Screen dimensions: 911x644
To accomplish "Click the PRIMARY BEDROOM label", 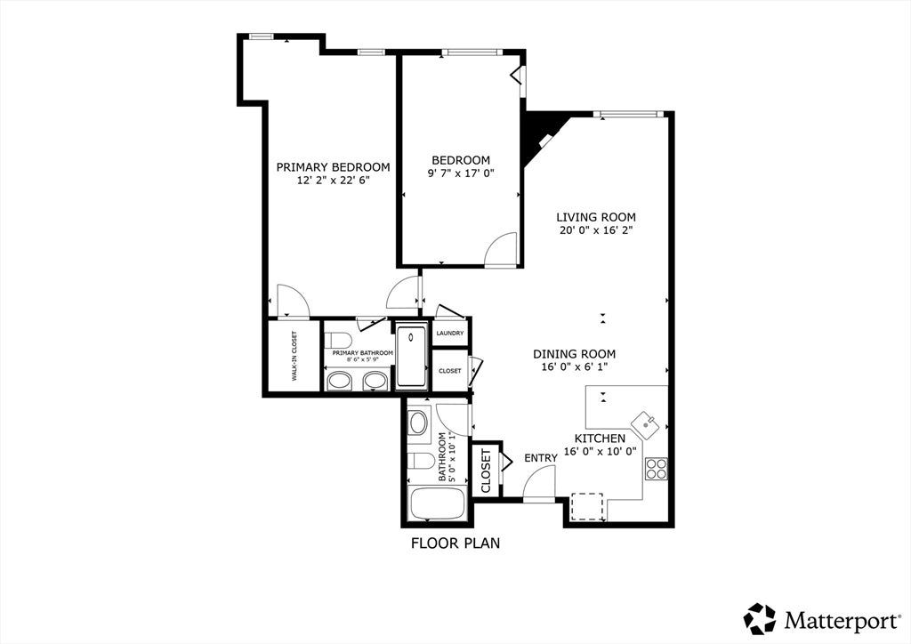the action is [333, 167].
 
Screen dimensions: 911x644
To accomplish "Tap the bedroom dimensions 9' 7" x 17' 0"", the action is [461, 173].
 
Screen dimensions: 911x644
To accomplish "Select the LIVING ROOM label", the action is [596, 217].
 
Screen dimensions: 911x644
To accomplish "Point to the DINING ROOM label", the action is [575, 354].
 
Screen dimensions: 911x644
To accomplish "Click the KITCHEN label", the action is [601, 439].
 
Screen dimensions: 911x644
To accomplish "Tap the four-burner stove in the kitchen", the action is [657, 468].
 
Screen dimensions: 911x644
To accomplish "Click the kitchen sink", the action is [646, 425].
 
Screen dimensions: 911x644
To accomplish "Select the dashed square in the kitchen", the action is [587, 507].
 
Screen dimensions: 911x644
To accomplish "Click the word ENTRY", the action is [541, 458].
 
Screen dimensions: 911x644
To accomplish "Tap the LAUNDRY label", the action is [450, 334].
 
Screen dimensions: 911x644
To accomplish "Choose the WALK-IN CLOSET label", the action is [294, 356].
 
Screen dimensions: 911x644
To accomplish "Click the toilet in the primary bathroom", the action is [335, 339].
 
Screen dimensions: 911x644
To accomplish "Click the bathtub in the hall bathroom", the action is [438, 504].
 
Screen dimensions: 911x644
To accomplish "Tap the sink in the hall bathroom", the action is [418, 423].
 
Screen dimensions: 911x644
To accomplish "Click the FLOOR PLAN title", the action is [455, 543].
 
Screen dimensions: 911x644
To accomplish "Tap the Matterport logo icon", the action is [761, 619].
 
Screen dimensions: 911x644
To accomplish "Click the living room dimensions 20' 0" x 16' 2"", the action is [596, 230].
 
